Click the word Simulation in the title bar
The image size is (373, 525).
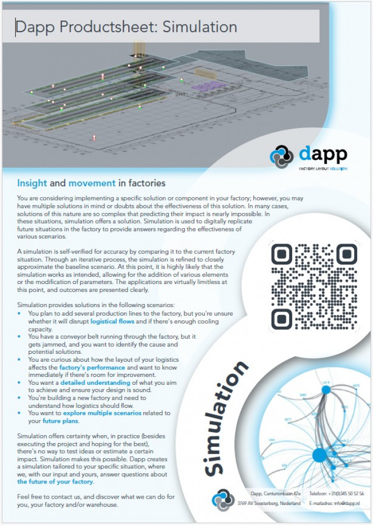200,26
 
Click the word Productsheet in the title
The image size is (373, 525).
107,27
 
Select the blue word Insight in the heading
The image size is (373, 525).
32,183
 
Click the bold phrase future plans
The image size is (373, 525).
60,421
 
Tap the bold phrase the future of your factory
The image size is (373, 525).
55,481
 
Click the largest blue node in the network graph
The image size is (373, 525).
319,455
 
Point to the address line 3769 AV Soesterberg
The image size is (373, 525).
268,503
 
